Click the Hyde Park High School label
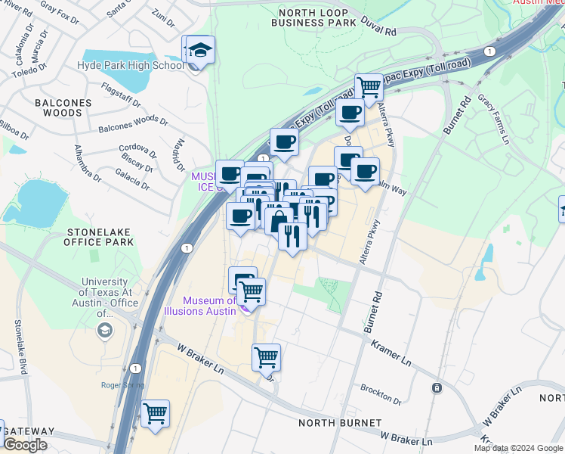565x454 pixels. click(131, 65)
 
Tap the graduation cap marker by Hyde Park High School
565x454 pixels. click(200, 51)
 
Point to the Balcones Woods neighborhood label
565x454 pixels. click(63, 107)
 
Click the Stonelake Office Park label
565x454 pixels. click(100, 236)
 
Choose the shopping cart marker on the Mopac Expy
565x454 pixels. click(369, 86)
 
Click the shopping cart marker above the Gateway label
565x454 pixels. click(155, 414)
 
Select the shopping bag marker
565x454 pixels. click(279, 221)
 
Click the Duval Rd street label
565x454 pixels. click(379, 29)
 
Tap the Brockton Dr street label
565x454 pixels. click(380, 393)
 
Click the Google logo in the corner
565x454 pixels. click(25, 445)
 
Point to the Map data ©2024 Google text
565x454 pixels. click(518, 448)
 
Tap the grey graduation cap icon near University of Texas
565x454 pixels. click(103, 331)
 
